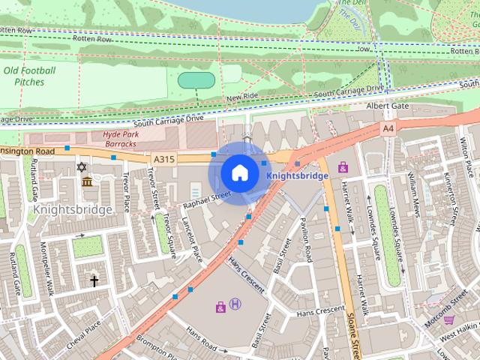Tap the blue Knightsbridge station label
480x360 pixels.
click(x=298, y=175)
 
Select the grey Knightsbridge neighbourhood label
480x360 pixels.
click(x=73, y=209)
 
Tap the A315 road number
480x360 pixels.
click(x=163, y=159)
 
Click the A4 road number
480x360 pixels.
click(x=388, y=129)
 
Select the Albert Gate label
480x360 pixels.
click(x=387, y=106)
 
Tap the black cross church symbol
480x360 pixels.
click(x=94, y=281)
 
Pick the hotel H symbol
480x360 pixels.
click(x=235, y=304)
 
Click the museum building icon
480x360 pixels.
click(x=87, y=182)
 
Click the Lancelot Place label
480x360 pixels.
click(x=193, y=241)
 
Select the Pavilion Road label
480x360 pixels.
click(x=305, y=238)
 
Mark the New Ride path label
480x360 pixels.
click(x=242, y=97)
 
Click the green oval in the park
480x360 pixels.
click(x=196, y=79)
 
